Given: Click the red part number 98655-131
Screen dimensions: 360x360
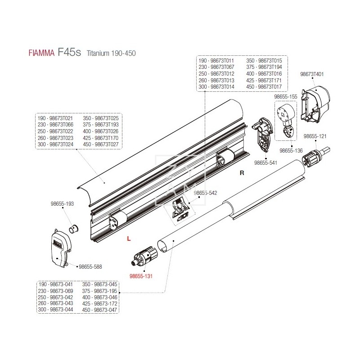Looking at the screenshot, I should pyautogui.click(x=141, y=276).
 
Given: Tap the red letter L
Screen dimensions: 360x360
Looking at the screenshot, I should pyautogui.click(x=128, y=239).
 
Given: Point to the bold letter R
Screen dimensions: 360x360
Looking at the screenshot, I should pyautogui.click(x=242, y=173).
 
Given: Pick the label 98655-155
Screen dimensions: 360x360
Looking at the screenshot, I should pyautogui.click(x=286, y=96).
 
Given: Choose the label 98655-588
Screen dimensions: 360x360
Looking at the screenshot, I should pyautogui.click(x=90, y=266).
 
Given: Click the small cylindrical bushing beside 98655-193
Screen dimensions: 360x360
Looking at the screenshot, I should pyautogui.click(x=73, y=228).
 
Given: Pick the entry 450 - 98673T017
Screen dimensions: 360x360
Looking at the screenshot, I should pyautogui.click(x=264, y=86).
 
